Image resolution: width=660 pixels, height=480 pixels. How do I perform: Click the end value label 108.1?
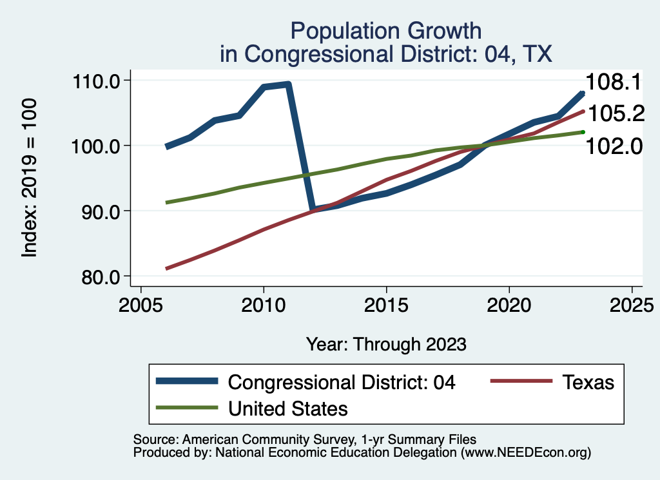tap(613, 82)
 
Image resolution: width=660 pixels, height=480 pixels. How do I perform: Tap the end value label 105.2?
tap(616, 113)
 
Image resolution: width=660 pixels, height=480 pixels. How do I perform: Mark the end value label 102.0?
tap(614, 146)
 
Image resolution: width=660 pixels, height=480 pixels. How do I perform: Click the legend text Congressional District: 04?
tap(342, 382)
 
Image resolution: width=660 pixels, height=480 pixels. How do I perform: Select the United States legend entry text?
tap(288, 408)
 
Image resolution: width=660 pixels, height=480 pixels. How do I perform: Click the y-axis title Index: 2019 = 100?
tap(29, 178)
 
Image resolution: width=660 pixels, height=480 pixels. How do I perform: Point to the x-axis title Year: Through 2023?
tap(386, 343)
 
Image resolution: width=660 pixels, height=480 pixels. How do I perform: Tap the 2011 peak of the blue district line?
tap(287, 84)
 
